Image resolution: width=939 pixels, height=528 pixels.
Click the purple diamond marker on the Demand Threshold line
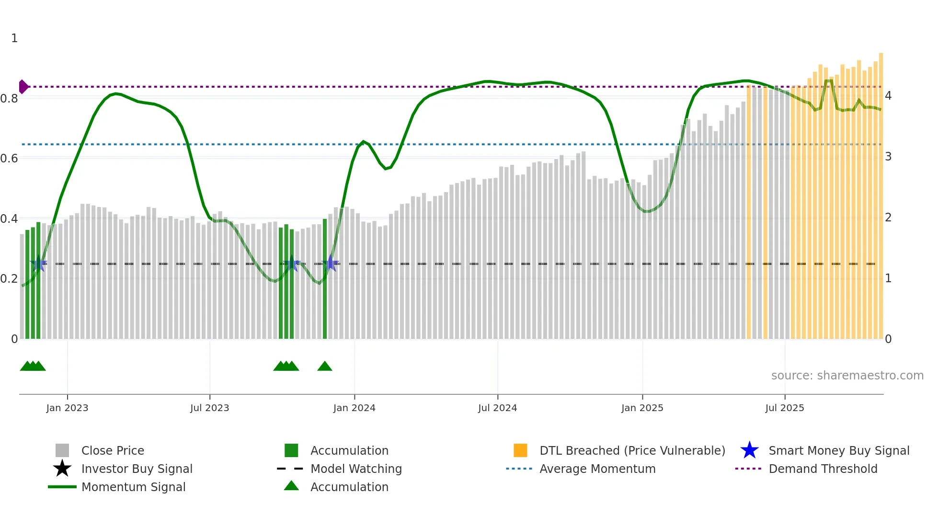tap(23, 87)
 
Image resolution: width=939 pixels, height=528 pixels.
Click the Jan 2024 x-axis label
tap(354, 408)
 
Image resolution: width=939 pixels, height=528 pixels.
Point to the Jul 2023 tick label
tap(209, 408)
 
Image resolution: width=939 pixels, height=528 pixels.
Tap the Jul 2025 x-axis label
tap(784, 408)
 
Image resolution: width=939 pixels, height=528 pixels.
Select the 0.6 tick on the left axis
tap(9, 158)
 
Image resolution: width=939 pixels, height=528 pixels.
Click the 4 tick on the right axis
tap(888, 96)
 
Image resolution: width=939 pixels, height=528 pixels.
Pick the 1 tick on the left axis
tap(14, 38)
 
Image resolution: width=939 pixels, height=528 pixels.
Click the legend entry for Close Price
tap(113, 450)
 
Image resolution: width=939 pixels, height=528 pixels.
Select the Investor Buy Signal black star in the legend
tap(62, 469)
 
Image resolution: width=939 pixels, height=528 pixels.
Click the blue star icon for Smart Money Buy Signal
tap(749, 450)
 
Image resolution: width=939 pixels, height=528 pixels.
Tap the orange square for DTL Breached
tap(520, 450)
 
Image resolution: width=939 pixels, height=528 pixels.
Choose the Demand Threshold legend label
tap(823, 469)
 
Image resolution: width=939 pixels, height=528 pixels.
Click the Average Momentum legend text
tap(597, 469)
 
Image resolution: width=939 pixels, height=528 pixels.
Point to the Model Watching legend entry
tap(355, 469)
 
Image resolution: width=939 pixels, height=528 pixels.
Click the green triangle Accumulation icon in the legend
tap(291, 486)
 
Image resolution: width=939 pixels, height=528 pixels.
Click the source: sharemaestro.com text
tap(847, 376)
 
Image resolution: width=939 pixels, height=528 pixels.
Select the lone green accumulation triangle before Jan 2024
tap(325, 367)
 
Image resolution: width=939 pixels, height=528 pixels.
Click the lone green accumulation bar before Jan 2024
tap(325, 278)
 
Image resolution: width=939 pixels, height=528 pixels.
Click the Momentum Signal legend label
tap(133, 487)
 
